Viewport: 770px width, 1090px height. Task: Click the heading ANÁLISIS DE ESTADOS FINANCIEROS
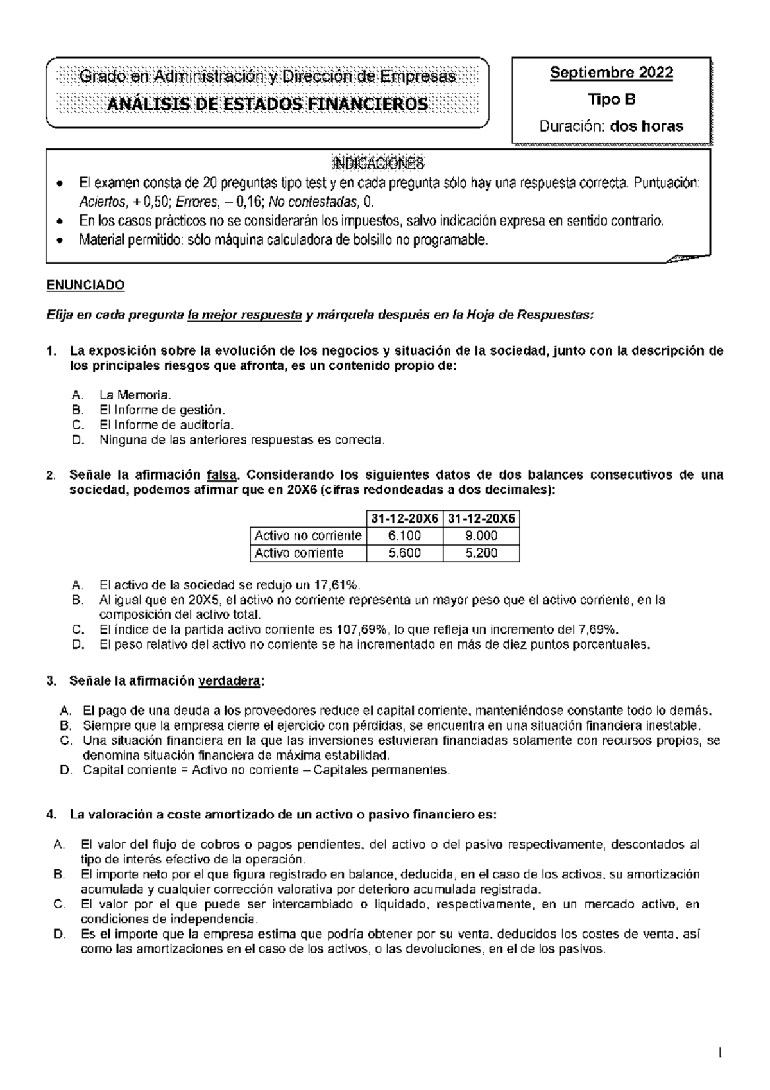pos(268,104)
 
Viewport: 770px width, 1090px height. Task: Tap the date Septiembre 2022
pos(611,73)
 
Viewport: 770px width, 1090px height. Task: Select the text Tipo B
pos(611,99)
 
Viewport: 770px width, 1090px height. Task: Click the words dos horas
pos(646,126)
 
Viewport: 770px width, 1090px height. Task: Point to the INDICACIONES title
pos(378,162)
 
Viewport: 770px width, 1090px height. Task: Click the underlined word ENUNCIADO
pos(85,285)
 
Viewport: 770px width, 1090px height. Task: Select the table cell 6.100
pos(404,535)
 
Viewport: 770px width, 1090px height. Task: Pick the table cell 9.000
pos(481,535)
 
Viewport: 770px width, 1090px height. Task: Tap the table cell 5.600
pos(404,553)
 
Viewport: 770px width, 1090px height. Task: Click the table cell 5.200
pos(481,553)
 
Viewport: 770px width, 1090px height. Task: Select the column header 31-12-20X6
pos(404,518)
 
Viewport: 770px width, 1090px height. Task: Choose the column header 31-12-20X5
pos(481,518)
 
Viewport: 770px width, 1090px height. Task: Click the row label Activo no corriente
pos(307,535)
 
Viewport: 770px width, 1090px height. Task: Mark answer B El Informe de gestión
pos(162,410)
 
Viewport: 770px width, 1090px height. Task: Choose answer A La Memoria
pos(135,395)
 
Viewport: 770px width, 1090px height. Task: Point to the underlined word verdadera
pos(230,681)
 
